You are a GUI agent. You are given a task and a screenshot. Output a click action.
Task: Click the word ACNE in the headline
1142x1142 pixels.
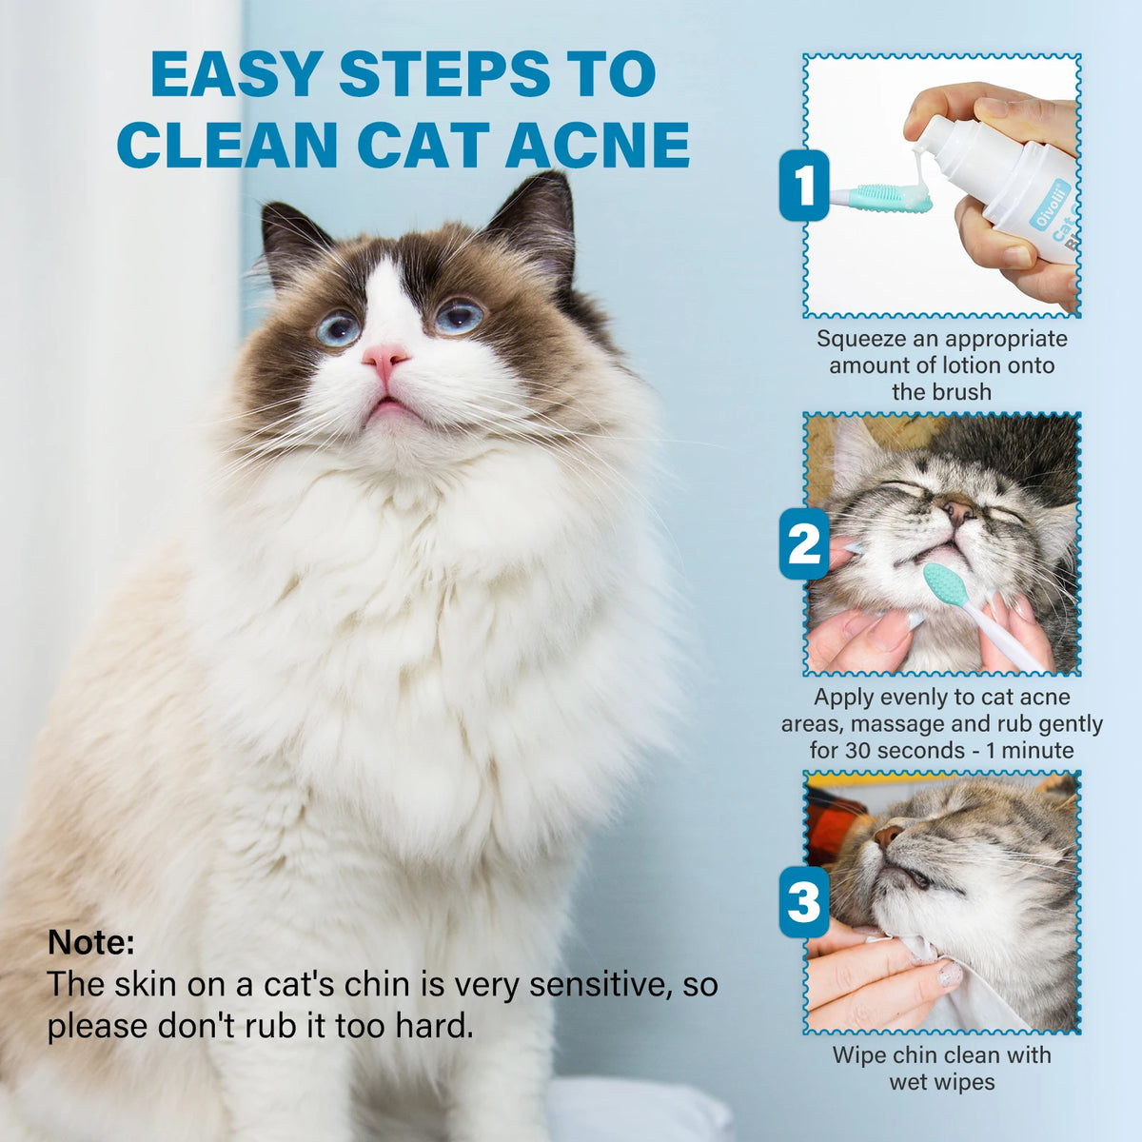click(x=598, y=145)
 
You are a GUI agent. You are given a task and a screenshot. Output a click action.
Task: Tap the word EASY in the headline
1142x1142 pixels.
click(x=237, y=73)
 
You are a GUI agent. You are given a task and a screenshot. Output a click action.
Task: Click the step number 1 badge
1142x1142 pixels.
click(x=804, y=186)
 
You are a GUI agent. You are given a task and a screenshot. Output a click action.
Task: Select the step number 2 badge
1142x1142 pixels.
click(x=804, y=543)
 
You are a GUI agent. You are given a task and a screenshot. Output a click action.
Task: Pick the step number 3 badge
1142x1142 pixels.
click(x=804, y=901)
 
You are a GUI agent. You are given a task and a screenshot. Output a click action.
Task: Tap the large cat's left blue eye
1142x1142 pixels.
click(x=338, y=327)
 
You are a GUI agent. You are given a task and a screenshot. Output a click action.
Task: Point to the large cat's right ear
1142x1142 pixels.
click(x=533, y=223)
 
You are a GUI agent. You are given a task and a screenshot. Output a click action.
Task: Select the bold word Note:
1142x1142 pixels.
click(x=91, y=942)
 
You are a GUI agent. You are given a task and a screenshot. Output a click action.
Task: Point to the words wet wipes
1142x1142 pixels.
click(x=942, y=1082)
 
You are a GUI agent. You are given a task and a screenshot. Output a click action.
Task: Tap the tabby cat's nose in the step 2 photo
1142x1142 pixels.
click(x=957, y=508)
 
